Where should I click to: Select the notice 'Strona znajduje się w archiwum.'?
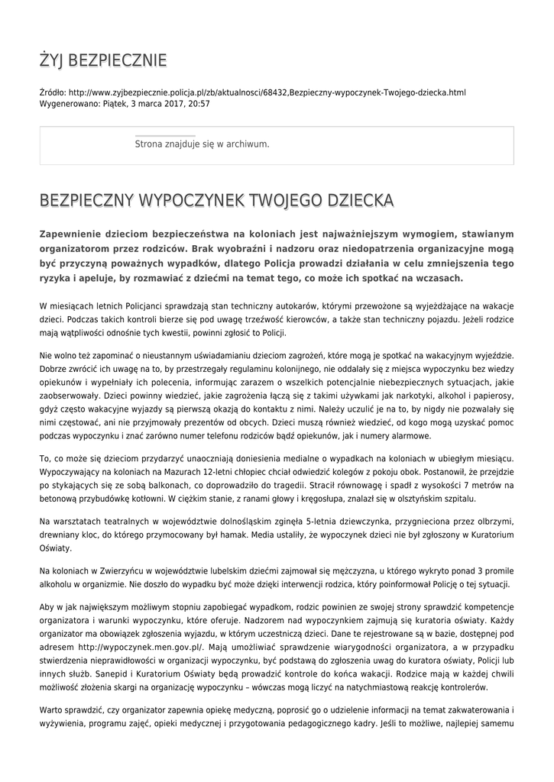tap(202, 144)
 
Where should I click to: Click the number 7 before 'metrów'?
tap(442, 485)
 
